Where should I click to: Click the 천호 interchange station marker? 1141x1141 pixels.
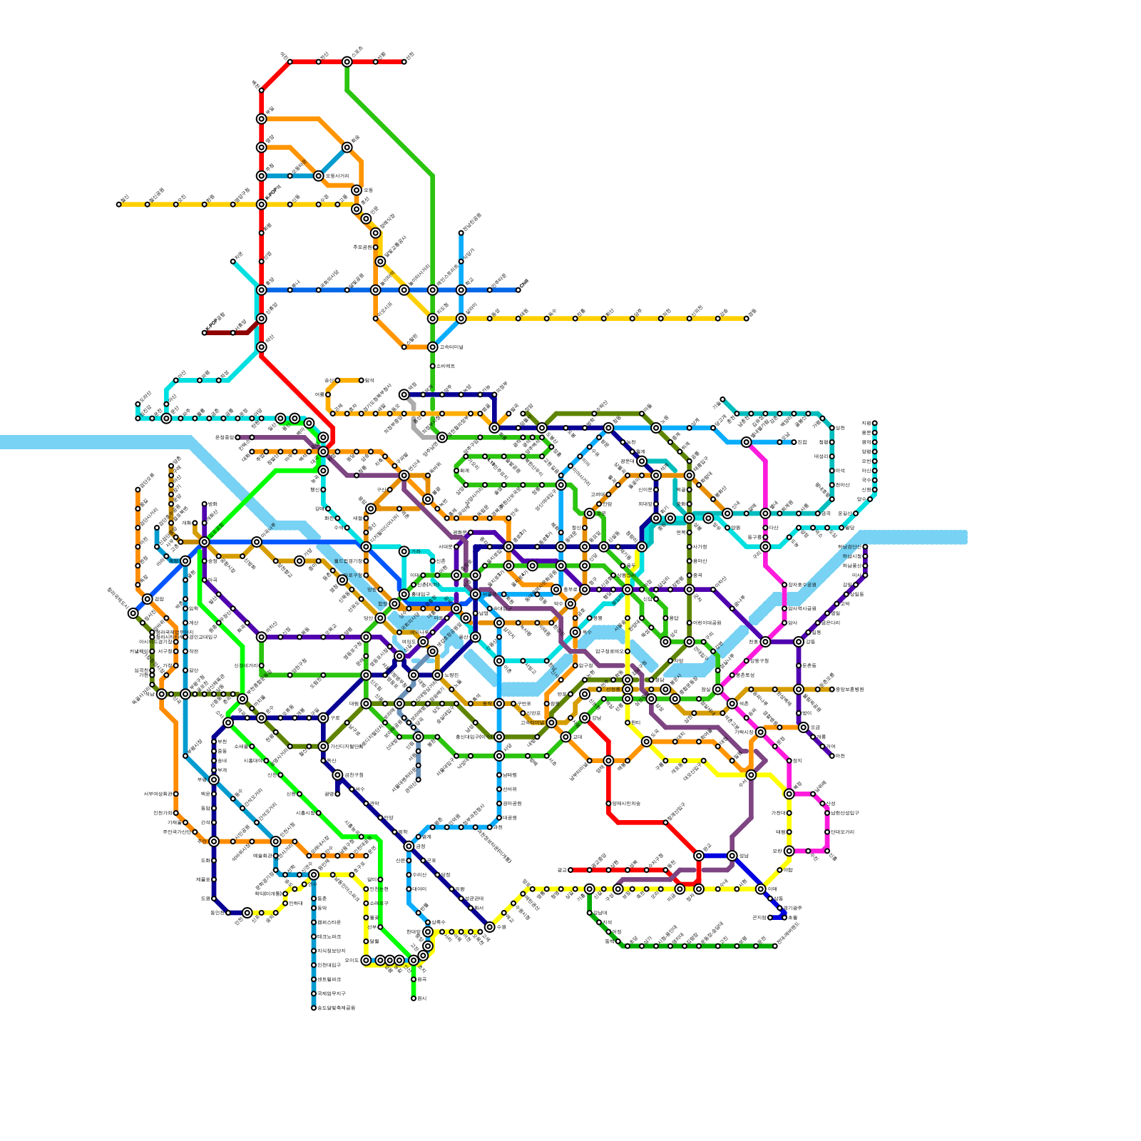(x=765, y=642)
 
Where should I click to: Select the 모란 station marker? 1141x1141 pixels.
(x=789, y=851)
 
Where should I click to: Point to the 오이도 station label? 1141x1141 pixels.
(x=352, y=961)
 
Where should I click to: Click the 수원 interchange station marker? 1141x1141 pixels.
(x=490, y=927)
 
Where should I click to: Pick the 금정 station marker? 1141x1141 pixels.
(x=409, y=846)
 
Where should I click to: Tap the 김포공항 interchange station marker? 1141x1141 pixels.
(x=205, y=542)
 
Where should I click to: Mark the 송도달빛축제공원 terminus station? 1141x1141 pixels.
(x=314, y=1008)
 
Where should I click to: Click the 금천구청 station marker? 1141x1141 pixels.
(x=337, y=775)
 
